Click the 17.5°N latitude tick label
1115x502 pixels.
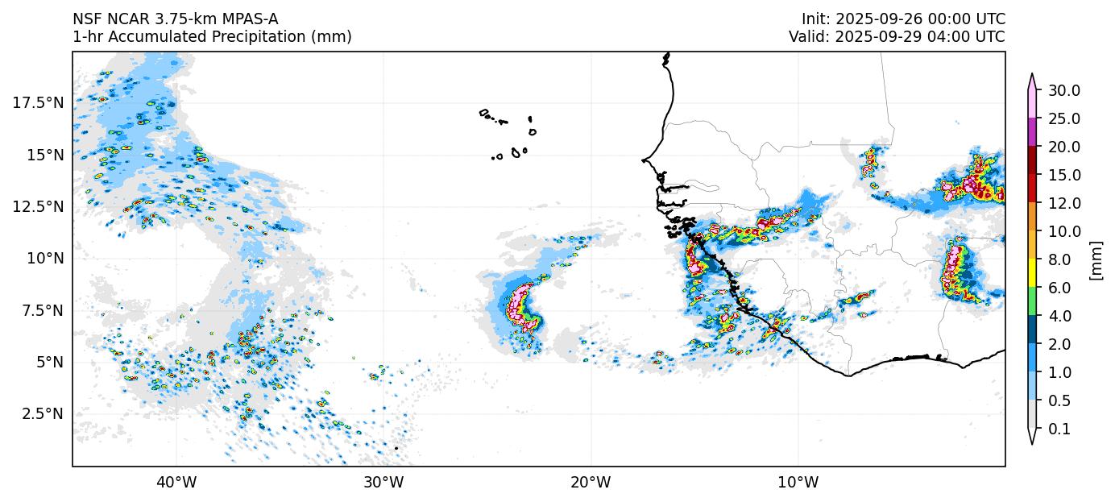point(37,102)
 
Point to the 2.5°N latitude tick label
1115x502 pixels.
point(40,413)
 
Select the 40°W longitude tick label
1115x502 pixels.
point(176,483)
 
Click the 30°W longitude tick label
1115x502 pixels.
point(383,483)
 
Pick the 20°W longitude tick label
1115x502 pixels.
point(591,483)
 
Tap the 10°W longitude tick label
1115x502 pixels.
point(798,483)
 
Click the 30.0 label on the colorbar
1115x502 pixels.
point(1063,90)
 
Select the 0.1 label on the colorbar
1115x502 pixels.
point(1060,429)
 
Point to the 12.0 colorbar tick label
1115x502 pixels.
point(1063,203)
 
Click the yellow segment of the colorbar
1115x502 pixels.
point(1030,274)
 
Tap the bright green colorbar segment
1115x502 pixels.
point(1030,302)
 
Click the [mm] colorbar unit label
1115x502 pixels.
point(1096,259)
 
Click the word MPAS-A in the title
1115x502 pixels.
point(247,19)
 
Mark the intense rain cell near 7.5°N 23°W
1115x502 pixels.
point(522,306)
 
